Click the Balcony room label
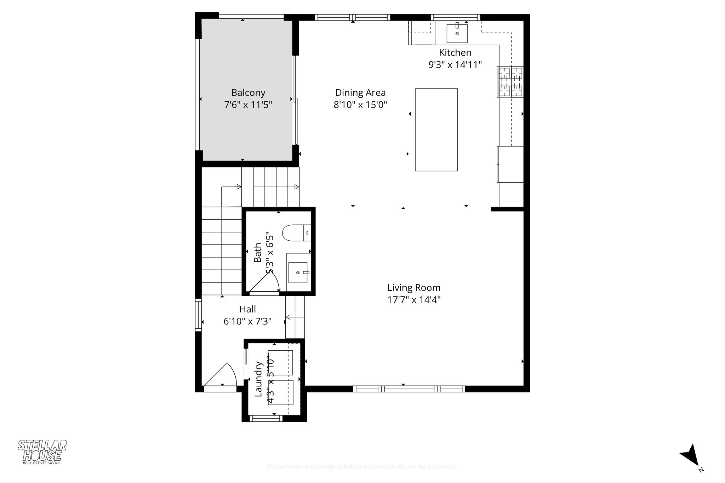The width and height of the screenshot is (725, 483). pyautogui.click(x=248, y=93)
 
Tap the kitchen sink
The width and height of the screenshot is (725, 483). pyautogui.click(x=457, y=33)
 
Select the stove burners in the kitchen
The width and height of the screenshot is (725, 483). pyautogui.click(x=510, y=82)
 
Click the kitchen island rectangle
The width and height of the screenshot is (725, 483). pyautogui.click(x=436, y=130)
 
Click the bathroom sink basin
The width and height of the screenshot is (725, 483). pyautogui.click(x=298, y=272)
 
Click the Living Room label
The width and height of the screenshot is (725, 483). pyautogui.click(x=414, y=288)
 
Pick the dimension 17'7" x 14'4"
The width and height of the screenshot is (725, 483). pyautogui.click(x=414, y=300)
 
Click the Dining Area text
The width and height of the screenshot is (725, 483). pyautogui.click(x=360, y=93)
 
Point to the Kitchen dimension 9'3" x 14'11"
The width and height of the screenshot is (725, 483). pyautogui.click(x=455, y=65)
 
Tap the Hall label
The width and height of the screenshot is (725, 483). pyautogui.click(x=247, y=309)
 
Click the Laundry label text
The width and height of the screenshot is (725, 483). pyautogui.click(x=259, y=379)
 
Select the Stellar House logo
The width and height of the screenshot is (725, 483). pyautogui.click(x=42, y=452)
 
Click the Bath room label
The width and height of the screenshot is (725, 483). pyautogui.click(x=258, y=253)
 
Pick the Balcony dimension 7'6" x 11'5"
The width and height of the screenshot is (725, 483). pyautogui.click(x=248, y=105)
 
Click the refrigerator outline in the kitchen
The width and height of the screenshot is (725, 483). pyautogui.click(x=510, y=164)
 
